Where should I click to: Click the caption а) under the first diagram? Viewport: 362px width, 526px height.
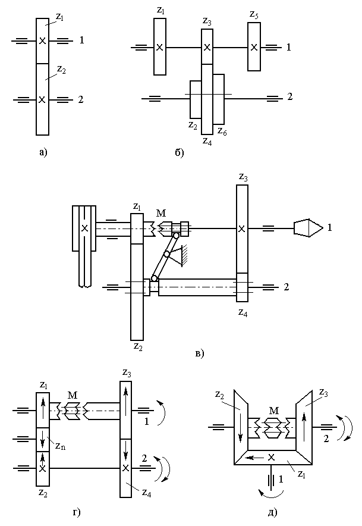pyautogui.click(x=43, y=153)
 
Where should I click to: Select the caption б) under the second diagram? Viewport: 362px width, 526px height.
pyautogui.click(x=180, y=153)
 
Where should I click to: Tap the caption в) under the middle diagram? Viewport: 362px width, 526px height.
pyautogui.click(x=200, y=353)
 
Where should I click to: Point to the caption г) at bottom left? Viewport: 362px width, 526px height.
pyautogui.click(x=77, y=512)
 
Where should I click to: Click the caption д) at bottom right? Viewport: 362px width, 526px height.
pyautogui.click(x=273, y=512)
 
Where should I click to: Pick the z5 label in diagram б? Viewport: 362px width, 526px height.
pyautogui.click(x=254, y=15)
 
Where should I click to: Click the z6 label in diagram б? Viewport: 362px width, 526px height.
pyautogui.click(x=222, y=131)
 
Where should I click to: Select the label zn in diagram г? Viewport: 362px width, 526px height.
pyautogui.click(x=61, y=446)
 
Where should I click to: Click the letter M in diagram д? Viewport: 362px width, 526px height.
pyautogui.click(x=274, y=410)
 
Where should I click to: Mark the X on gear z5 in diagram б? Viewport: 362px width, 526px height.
pyautogui.click(x=254, y=47)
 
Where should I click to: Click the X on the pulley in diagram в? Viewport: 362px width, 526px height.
pyautogui.click(x=85, y=228)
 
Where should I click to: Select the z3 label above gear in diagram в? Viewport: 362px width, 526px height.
pyautogui.click(x=243, y=177)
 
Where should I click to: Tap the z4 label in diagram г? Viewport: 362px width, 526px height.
pyautogui.click(x=146, y=493)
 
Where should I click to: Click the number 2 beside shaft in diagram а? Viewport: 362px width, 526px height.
pyautogui.click(x=80, y=99)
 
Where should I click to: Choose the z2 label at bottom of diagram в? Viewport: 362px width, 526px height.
pyautogui.click(x=138, y=346)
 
